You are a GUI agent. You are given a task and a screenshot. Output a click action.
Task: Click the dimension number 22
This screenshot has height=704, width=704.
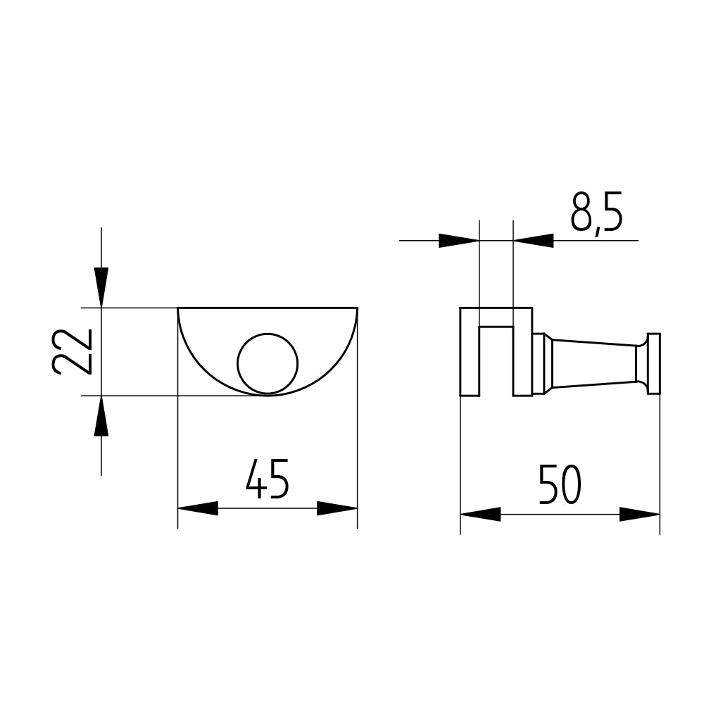point(73,351)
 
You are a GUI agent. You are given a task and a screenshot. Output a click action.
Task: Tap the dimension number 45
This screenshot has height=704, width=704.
point(268,479)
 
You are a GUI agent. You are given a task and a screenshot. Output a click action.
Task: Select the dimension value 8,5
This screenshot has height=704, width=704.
point(597,213)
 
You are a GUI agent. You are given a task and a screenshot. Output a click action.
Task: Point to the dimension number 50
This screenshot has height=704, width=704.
point(560,484)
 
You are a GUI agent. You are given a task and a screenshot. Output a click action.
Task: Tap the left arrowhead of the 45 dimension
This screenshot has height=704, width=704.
point(198,508)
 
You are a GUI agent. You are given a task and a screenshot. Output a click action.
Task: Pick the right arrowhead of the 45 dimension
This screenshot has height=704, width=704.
point(337,508)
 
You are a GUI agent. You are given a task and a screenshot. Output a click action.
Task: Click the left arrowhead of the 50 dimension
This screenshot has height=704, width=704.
point(480,515)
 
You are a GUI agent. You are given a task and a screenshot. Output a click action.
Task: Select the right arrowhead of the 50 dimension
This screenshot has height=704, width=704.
point(640,515)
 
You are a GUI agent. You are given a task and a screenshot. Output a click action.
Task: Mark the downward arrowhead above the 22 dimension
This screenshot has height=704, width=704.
point(101,287)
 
